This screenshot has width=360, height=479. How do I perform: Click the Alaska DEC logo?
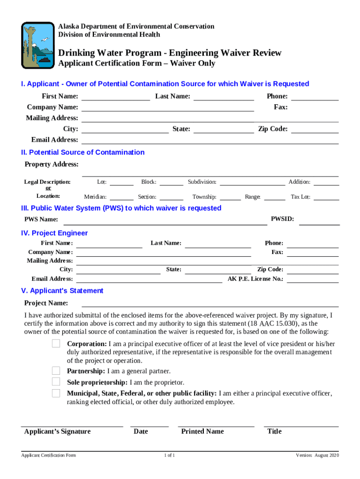point(38,45)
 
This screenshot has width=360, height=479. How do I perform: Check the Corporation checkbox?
point(56,344)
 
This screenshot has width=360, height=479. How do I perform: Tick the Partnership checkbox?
point(56,371)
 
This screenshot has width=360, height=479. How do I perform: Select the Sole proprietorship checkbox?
point(56,382)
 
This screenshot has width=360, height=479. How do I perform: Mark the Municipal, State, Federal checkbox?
point(56,393)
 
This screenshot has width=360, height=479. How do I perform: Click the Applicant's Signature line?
point(72,423)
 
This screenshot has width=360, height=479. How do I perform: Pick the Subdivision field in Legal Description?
point(252,182)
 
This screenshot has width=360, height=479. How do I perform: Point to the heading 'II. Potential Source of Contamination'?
point(83,152)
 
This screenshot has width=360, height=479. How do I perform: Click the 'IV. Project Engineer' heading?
point(54,233)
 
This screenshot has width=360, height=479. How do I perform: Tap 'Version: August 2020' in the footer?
point(317,456)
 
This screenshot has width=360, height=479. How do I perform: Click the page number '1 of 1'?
point(169,456)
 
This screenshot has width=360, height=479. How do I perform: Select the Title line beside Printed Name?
point(301,423)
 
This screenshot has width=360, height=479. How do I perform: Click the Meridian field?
point(122,197)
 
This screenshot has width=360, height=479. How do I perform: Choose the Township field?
point(230,197)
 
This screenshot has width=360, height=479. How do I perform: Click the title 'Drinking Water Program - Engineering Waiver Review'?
point(170,53)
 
